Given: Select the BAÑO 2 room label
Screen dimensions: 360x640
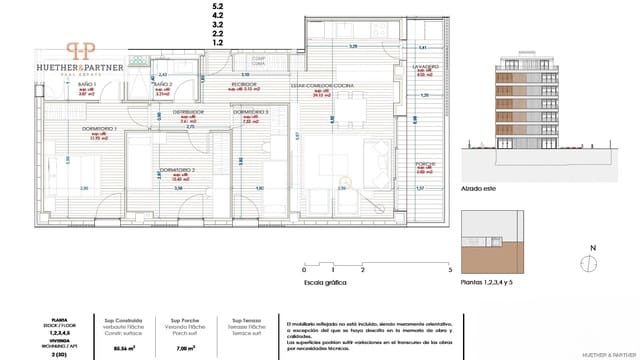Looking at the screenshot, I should pyautogui.click(x=163, y=85).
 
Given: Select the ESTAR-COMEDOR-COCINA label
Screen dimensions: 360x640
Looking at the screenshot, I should pyautogui.click(x=321, y=86).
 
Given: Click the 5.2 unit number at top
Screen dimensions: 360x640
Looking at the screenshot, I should pyautogui.click(x=217, y=7).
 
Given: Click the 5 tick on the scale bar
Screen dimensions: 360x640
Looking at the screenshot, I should pyautogui.click(x=451, y=270).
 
